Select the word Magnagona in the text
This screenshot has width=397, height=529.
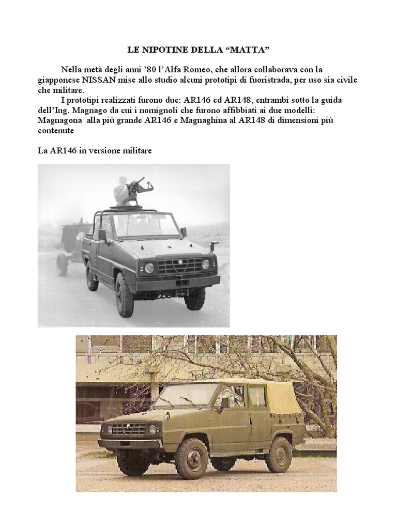pos(59,119)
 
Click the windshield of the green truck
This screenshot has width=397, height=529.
pos(186,396)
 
